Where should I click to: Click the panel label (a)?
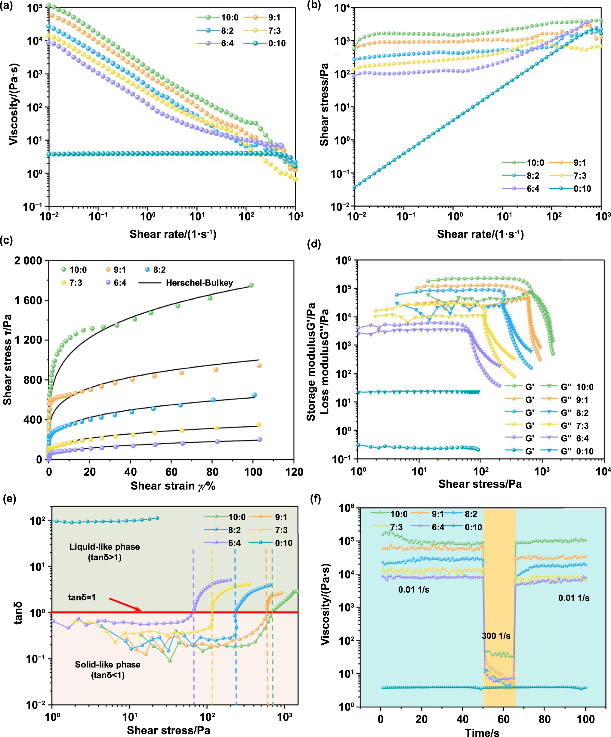(6, 6)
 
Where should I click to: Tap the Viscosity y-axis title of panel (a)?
(14, 104)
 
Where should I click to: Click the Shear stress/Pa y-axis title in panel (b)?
(324, 104)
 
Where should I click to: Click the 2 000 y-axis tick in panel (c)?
(28, 261)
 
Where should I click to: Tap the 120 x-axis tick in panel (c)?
(294, 472)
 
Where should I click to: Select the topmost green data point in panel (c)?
(251, 285)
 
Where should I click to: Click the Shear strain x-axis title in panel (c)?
(173, 486)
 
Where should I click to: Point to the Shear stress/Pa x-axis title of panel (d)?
(480, 484)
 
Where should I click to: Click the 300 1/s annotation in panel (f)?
(496, 636)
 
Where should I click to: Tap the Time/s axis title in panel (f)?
(482, 732)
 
